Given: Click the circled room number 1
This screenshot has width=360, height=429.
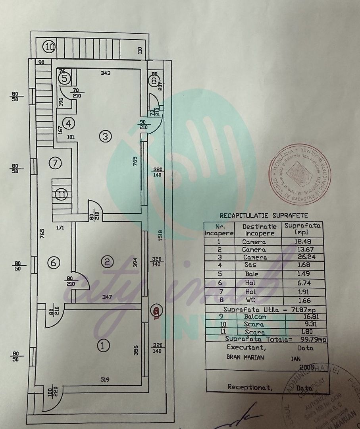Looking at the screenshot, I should (x=103, y=345).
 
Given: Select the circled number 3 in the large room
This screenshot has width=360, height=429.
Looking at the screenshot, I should (x=104, y=137).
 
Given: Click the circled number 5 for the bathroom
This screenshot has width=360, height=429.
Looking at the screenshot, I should (x=65, y=79).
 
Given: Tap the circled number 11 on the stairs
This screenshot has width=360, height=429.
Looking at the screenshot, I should (x=61, y=195).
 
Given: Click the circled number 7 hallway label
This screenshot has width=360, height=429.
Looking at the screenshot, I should (x=55, y=162).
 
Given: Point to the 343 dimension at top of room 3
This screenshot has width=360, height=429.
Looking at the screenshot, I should (x=105, y=73).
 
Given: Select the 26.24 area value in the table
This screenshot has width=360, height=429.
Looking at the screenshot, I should (x=302, y=257).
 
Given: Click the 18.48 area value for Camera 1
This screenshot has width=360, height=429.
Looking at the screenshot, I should (x=302, y=242).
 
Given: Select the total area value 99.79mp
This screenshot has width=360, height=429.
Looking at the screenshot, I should (x=314, y=339).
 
